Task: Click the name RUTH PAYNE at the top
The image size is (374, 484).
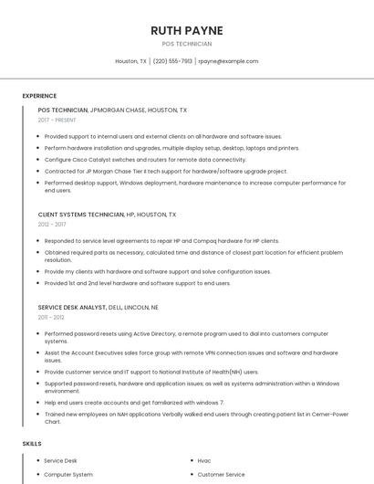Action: (186, 30)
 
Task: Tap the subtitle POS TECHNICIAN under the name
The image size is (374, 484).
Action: (186, 44)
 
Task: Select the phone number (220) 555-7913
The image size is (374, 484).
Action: (172, 61)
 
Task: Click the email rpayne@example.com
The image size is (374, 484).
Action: (228, 61)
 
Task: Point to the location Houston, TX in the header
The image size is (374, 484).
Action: (130, 61)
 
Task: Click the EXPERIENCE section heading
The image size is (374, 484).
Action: (39, 96)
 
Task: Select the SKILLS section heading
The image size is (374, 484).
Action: (32, 444)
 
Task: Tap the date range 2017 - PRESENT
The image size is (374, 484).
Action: (58, 120)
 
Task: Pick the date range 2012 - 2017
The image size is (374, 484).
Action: (52, 224)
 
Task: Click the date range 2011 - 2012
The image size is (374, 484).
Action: (51, 318)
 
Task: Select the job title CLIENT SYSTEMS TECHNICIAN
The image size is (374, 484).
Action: (81, 215)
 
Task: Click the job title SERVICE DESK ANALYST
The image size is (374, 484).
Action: (71, 308)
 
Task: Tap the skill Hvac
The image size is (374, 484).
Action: (204, 461)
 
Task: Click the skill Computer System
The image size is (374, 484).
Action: (68, 475)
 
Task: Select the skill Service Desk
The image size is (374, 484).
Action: (61, 461)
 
